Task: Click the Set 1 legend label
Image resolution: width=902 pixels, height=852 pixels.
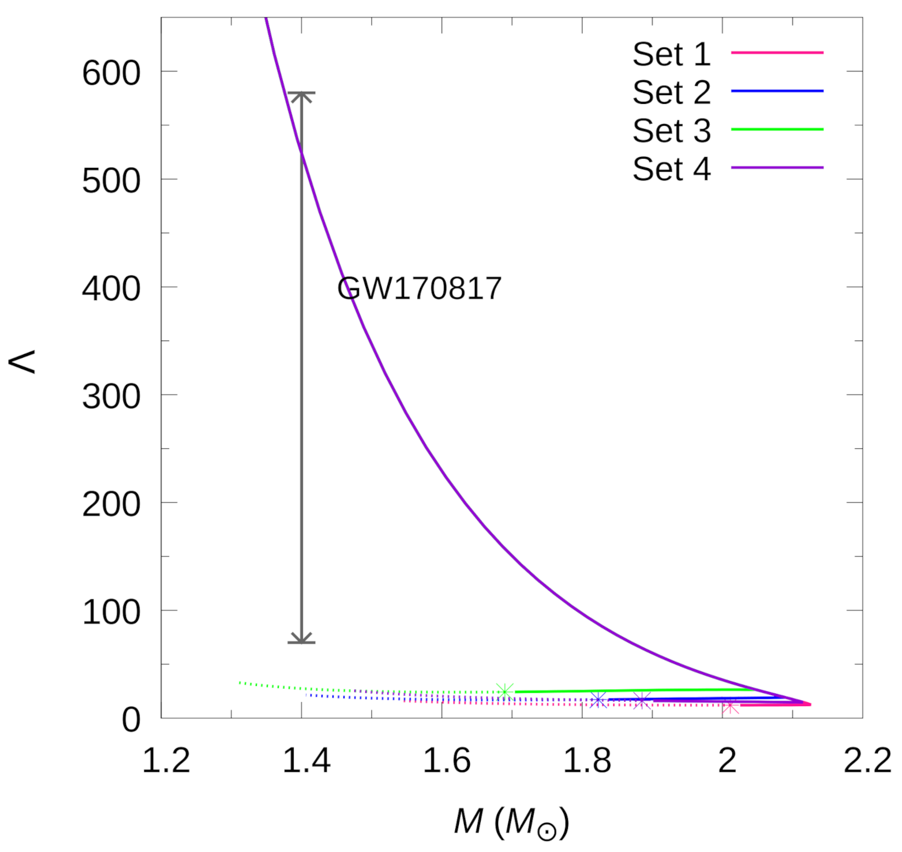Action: tap(671, 54)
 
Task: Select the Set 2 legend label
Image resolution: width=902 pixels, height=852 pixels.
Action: tap(671, 92)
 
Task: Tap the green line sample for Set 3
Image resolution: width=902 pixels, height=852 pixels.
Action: tap(777, 129)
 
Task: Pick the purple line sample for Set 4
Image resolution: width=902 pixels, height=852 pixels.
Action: tap(777, 168)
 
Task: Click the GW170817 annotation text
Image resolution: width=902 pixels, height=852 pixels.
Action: tap(419, 288)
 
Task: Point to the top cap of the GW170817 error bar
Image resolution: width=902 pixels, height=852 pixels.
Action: tap(301, 93)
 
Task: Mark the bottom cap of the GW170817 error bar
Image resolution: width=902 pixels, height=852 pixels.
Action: tap(301, 642)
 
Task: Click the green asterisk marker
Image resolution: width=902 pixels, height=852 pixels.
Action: tap(505, 691)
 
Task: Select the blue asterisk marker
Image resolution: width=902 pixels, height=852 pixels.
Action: tap(598, 699)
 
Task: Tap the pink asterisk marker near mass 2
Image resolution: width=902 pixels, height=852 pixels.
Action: tap(730, 705)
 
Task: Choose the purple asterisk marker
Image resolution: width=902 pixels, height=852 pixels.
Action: tap(642, 700)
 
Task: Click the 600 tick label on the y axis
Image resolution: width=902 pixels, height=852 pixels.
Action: tap(111, 73)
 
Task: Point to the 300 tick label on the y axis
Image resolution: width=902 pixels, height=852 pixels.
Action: tap(111, 397)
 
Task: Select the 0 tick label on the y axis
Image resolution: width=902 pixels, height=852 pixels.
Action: tap(131, 720)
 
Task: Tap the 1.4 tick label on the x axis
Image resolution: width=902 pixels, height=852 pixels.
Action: tap(306, 760)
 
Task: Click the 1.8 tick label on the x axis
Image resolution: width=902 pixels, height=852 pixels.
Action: tap(586, 760)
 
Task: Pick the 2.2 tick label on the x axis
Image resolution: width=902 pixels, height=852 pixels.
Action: tap(867, 760)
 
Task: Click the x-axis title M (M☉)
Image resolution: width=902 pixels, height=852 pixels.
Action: tap(511, 821)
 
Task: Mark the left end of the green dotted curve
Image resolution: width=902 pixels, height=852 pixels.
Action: tap(240, 682)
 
